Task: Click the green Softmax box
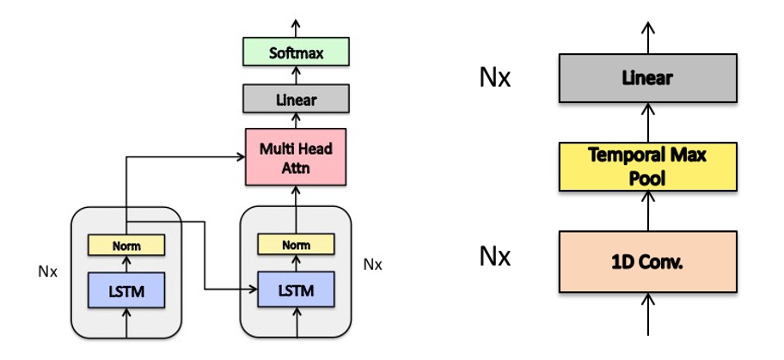(296, 53)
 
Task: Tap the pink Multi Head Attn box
(296, 157)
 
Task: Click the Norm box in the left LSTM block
(126, 246)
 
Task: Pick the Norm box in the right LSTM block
(296, 246)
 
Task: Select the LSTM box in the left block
(126, 293)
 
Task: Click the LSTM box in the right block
(296, 293)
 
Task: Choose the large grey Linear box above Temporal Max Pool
(647, 79)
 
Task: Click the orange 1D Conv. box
(647, 262)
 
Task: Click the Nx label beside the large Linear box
(494, 78)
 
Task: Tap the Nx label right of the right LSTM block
(371, 263)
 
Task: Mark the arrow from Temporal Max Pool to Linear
(647, 123)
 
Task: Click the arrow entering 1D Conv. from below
(647, 311)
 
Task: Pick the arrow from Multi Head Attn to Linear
(296, 120)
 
